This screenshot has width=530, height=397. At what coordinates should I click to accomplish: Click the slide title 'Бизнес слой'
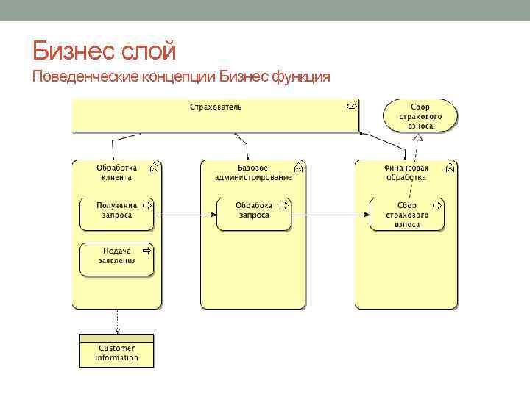click(105, 51)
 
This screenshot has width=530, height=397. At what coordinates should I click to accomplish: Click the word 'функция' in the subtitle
click(303, 76)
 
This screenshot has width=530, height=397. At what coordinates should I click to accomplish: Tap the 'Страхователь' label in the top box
click(216, 107)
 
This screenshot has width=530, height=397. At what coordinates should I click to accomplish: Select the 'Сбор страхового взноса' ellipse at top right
click(420, 116)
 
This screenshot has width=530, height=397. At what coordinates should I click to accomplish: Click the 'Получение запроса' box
click(116, 212)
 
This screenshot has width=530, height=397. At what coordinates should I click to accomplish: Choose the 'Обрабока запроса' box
click(253, 212)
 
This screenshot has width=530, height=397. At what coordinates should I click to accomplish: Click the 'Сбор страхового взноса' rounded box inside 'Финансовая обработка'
click(407, 214)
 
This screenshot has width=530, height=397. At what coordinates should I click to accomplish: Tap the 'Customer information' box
click(116, 351)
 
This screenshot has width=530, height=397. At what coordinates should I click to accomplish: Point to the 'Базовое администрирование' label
click(252, 172)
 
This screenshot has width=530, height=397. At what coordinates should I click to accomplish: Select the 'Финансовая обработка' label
click(406, 172)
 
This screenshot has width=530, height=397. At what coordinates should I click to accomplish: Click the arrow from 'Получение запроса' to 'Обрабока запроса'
click(185, 215)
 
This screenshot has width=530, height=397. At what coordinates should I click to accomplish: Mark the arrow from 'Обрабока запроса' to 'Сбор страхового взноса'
click(331, 215)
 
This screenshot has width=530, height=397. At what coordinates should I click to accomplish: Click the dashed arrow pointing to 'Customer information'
click(116, 321)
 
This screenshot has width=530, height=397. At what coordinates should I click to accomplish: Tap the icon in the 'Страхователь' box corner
click(352, 107)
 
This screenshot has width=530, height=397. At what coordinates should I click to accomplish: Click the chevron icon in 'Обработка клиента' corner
click(153, 168)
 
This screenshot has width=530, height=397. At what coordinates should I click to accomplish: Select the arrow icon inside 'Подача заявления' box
click(146, 251)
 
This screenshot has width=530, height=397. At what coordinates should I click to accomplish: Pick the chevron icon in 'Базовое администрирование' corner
click(297, 168)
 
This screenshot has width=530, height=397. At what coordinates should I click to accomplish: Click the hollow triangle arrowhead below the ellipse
click(417, 137)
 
